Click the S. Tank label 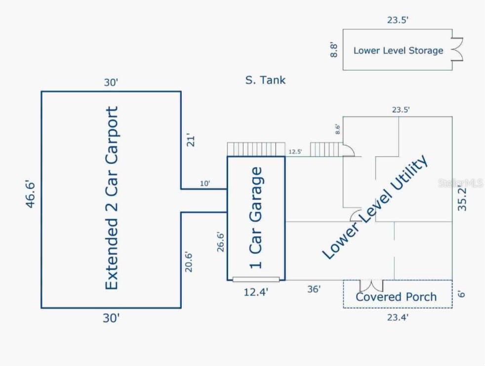265,80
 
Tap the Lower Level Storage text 399,50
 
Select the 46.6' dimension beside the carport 30,194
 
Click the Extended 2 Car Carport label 112,198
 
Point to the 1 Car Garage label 256,218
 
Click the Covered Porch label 396,297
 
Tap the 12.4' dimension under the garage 256,292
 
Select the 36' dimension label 314,289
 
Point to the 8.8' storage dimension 334,50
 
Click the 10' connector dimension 205,183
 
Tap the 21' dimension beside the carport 191,141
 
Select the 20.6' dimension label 188,262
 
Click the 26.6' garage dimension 220,242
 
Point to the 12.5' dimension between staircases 295,152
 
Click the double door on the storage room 457,49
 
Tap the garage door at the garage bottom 256,280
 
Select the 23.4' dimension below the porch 398,317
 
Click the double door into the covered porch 371,285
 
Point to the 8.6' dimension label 337,129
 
